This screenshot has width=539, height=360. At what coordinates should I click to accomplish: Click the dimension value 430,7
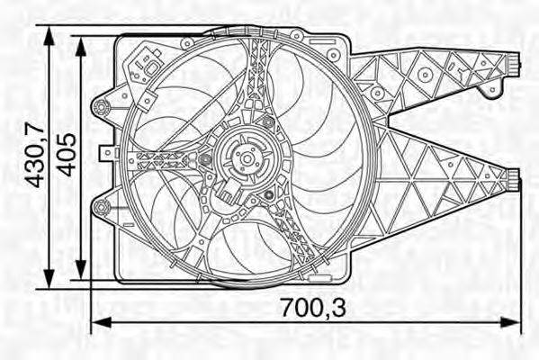pyautogui.click(x=33, y=156)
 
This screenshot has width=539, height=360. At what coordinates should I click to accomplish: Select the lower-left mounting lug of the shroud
pyautogui.click(x=102, y=211)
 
